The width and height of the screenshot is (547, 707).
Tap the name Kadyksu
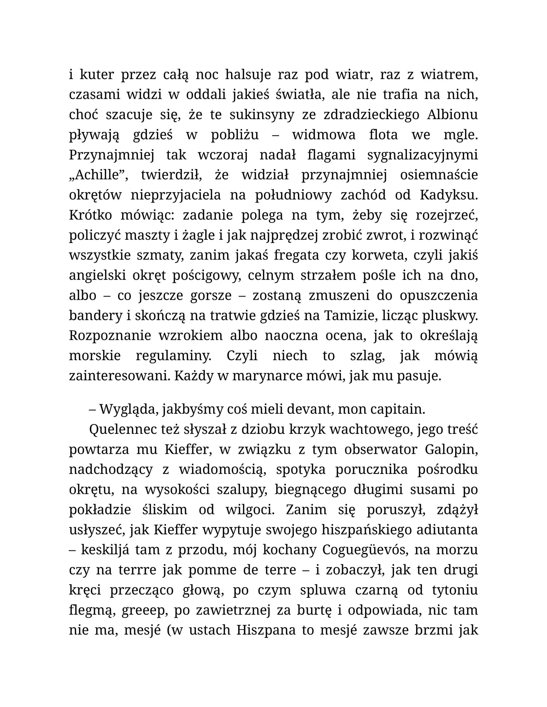point(448,195)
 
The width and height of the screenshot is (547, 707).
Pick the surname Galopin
point(451,449)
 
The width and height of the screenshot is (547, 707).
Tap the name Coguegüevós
point(368,550)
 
